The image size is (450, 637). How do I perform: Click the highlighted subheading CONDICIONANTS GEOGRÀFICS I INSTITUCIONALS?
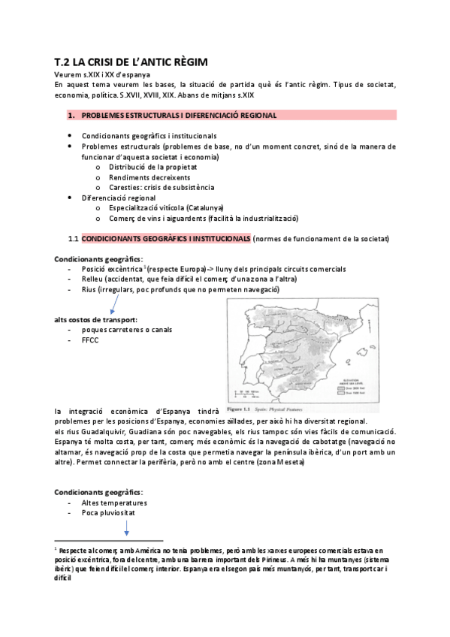166,238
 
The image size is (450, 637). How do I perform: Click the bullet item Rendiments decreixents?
143,177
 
